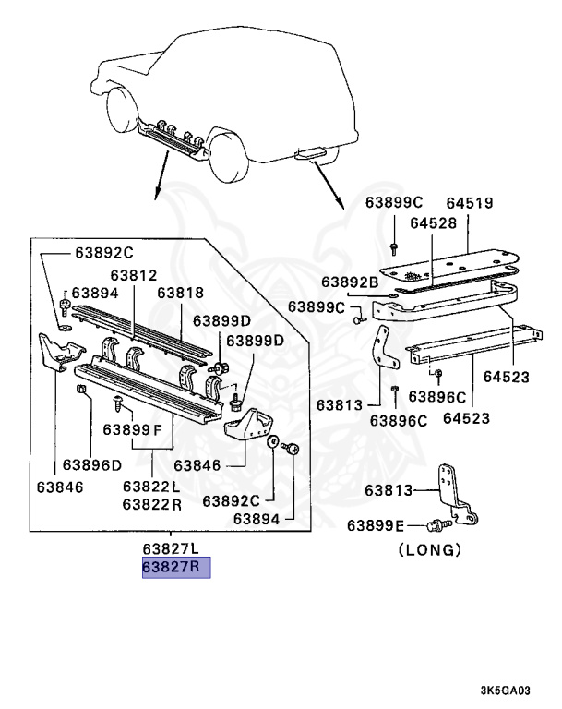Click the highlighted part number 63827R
tap(175, 567)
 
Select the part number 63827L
tap(175, 548)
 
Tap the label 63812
tap(135, 275)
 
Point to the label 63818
tap(180, 293)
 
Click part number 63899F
tap(131, 429)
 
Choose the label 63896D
tap(91, 465)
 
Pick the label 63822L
tap(151, 487)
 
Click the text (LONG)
tap(428, 550)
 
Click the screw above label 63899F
tap(117, 403)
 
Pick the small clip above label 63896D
tap(81, 394)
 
